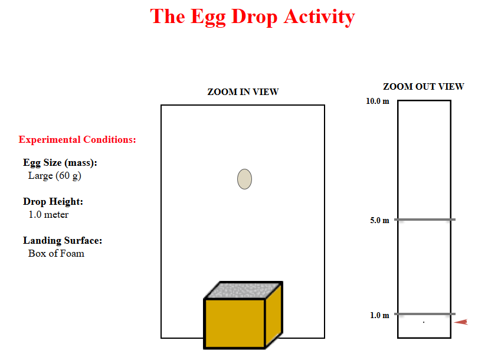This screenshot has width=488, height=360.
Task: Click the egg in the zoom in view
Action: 245,179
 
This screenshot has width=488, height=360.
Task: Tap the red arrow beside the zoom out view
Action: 461,322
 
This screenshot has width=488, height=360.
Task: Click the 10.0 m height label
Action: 378,101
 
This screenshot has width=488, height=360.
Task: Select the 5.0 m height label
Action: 379,220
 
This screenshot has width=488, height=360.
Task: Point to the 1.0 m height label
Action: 379,315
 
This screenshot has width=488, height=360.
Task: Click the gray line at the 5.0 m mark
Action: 425,220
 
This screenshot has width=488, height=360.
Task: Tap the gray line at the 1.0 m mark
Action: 425,314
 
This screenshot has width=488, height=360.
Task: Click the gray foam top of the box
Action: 243,290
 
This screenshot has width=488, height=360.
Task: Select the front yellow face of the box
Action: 235,323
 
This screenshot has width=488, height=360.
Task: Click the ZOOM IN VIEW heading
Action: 243,92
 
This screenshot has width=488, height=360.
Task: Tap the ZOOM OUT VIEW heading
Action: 424,87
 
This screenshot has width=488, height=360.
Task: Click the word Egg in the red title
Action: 208,17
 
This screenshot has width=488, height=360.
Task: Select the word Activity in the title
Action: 319,17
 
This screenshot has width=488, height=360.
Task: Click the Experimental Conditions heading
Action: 77,140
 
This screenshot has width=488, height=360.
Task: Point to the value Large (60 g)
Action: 55,176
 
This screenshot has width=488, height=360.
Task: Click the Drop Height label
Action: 53,202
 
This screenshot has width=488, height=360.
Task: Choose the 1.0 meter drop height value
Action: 48,214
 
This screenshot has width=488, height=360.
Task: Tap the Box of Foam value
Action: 56,253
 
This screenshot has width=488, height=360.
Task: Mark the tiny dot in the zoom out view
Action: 424,322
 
